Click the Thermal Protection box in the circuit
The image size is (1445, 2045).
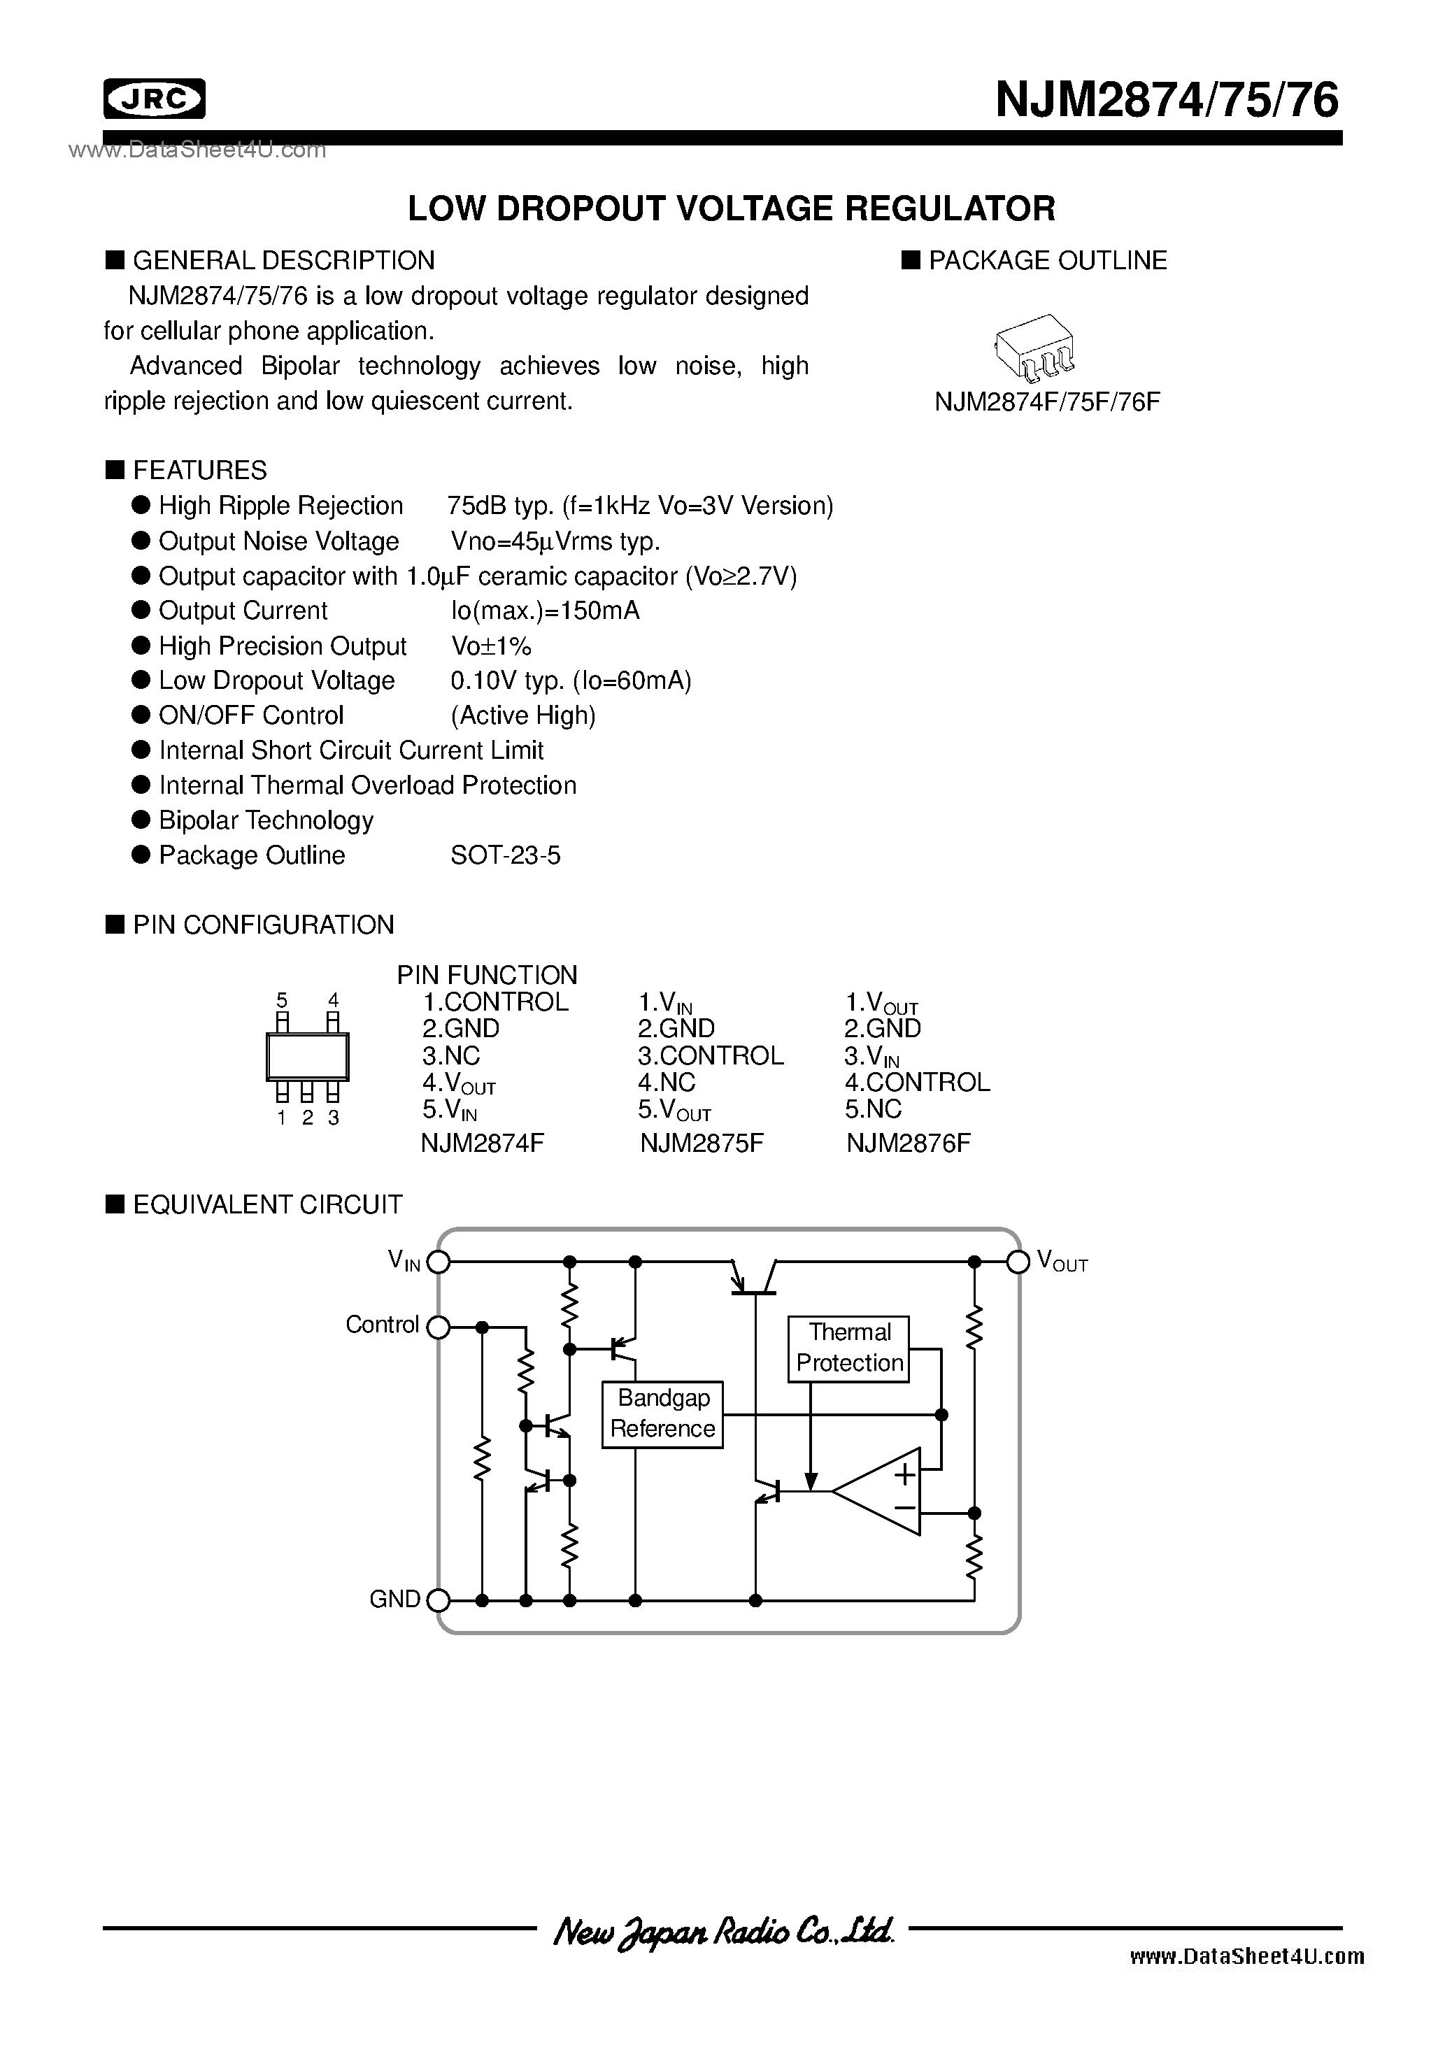pos(848,1348)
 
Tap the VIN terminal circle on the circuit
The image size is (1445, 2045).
pos(439,1261)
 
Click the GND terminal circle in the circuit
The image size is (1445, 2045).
pos(439,1601)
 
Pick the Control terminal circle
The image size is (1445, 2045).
pos(439,1328)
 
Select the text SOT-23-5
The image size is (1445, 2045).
pos(505,856)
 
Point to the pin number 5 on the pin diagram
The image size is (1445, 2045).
pos(283,1000)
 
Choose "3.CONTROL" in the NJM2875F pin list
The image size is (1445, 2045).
pos(710,1055)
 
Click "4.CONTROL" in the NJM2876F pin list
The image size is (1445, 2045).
pos(917,1082)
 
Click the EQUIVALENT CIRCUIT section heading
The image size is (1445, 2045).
pos(266,1205)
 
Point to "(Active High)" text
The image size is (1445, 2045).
pos(523,716)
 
